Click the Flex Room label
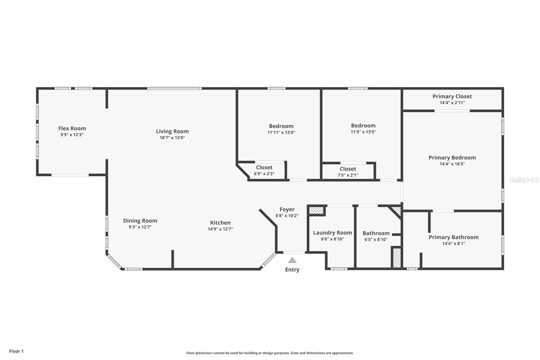[x=72, y=128]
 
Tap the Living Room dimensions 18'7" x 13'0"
[x=172, y=138]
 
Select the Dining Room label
[x=140, y=221]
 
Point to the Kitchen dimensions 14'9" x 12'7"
[x=220, y=229]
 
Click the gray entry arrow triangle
[x=292, y=260]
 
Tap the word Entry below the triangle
[x=292, y=269]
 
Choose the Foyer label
[x=287, y=209]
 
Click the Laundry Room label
[x=332, y=233]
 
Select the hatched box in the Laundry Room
[x=317, y=210]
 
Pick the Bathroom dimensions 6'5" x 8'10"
[x=376, y=239]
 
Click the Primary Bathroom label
[x=454, y=237]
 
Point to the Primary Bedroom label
[x=452, y=158]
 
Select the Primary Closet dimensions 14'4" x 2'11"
[x=452, y=103]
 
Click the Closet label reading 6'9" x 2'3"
[x=264, y=168]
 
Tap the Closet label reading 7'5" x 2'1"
[x=348, y=169]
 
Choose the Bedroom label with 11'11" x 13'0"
[x=281, y=126]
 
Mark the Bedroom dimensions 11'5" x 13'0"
[x=363, y=132]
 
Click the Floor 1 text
[x=16, y=351]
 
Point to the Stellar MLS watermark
[x=524, y=180]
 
